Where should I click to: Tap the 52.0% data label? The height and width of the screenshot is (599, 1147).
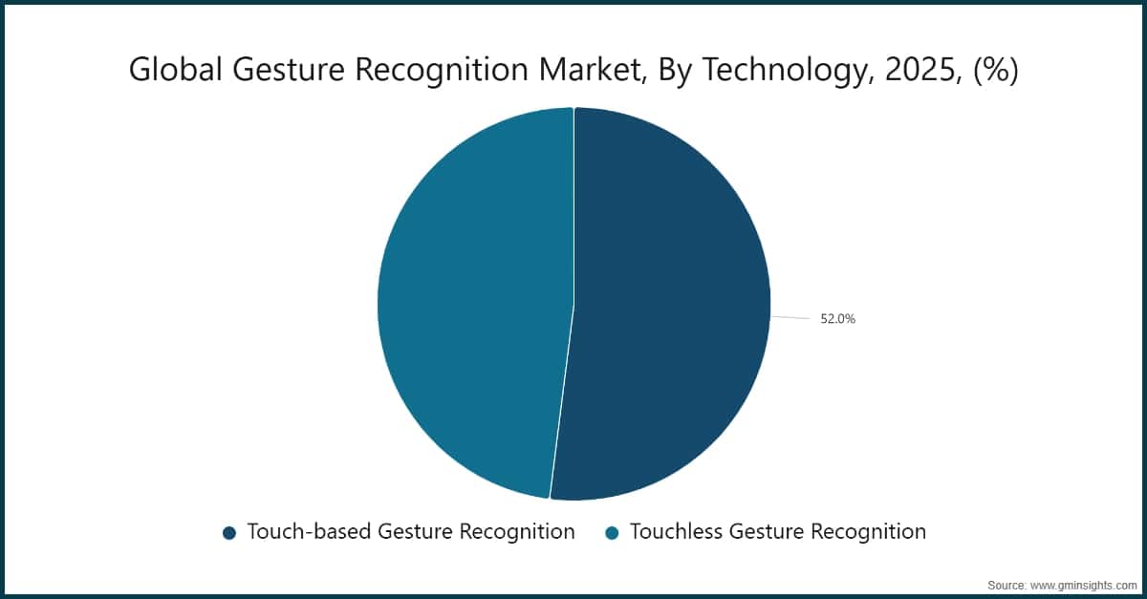click(837, 319)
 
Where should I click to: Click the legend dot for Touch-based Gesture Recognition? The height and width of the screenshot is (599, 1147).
click(229, 533)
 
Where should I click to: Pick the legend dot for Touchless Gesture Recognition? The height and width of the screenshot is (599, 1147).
click(613, 533)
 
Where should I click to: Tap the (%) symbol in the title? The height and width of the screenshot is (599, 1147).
click(995, 71)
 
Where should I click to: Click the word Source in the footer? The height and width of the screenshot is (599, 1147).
click(1006, 584)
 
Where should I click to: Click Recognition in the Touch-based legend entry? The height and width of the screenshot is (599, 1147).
click(516, 532)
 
